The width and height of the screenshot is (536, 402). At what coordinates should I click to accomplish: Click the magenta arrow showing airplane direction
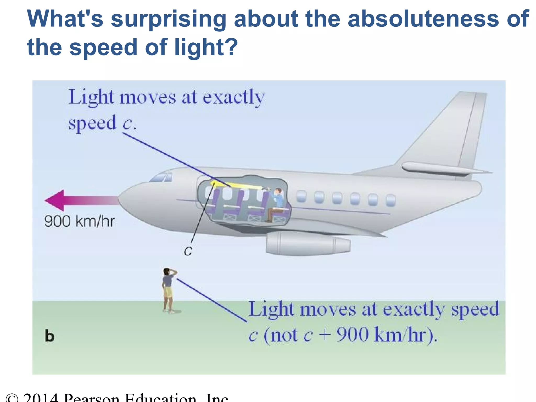click(79, 200)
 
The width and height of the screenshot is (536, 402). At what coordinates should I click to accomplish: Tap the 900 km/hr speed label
click(79, 221)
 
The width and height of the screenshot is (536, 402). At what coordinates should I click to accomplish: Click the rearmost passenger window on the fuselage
click(390, 200)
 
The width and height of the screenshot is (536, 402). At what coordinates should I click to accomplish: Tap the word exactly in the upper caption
click(234, 97)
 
